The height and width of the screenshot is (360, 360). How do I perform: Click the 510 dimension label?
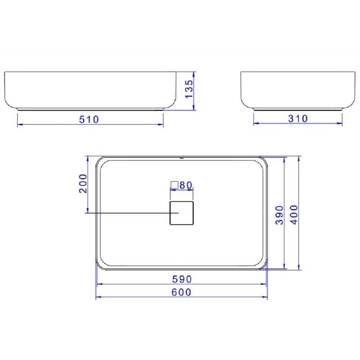tap(89, 119)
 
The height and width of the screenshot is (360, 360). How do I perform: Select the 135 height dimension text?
tap(189, 90)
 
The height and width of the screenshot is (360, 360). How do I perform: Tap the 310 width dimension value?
tap(298, 118)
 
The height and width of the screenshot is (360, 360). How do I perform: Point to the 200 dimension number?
tap(83, 183)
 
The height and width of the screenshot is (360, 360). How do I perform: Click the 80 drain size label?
tap(186, 185)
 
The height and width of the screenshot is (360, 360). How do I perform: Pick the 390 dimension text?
tap(280, 215)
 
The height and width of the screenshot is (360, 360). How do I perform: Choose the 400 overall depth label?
tap(294, 215)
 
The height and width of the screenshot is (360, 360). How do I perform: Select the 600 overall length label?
tap(181, 292)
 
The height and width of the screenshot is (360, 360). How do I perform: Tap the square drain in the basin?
tap(181, 213)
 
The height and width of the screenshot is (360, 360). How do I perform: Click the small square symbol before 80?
tap(174, 185)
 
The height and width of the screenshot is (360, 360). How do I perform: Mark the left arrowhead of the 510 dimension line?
tap(19, 124)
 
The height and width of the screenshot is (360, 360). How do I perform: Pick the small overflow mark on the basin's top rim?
tap(182, 158)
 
